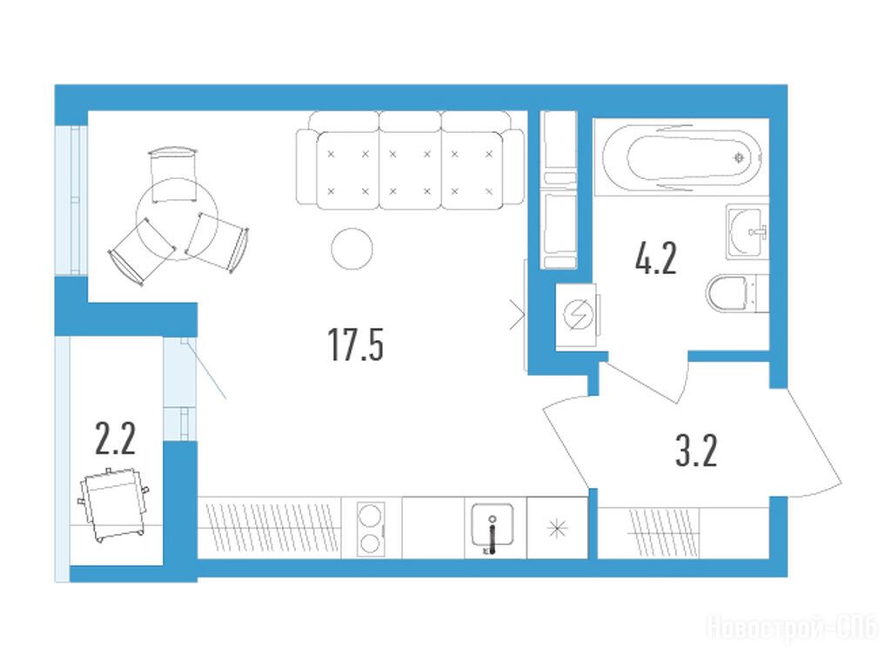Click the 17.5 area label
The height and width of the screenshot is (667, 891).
pos(356,345)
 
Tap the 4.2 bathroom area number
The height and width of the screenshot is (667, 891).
pos(656,259)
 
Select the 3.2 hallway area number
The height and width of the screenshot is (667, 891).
pos(696,450)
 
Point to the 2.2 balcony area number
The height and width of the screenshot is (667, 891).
pos(116,439)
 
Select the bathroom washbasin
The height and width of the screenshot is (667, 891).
pos(747,232)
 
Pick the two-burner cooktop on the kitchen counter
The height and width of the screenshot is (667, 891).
pos(371,529)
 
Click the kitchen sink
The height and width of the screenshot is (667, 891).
pos(492,527)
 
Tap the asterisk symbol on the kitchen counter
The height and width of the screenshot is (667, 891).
pos(558,530)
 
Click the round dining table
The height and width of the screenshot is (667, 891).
pos(177,219)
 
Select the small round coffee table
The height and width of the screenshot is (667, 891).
pos(352,249)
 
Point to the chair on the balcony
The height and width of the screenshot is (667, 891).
pos(114,504)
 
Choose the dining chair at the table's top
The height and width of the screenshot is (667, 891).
pos(174,174)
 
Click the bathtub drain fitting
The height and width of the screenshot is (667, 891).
pos(739,157)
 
